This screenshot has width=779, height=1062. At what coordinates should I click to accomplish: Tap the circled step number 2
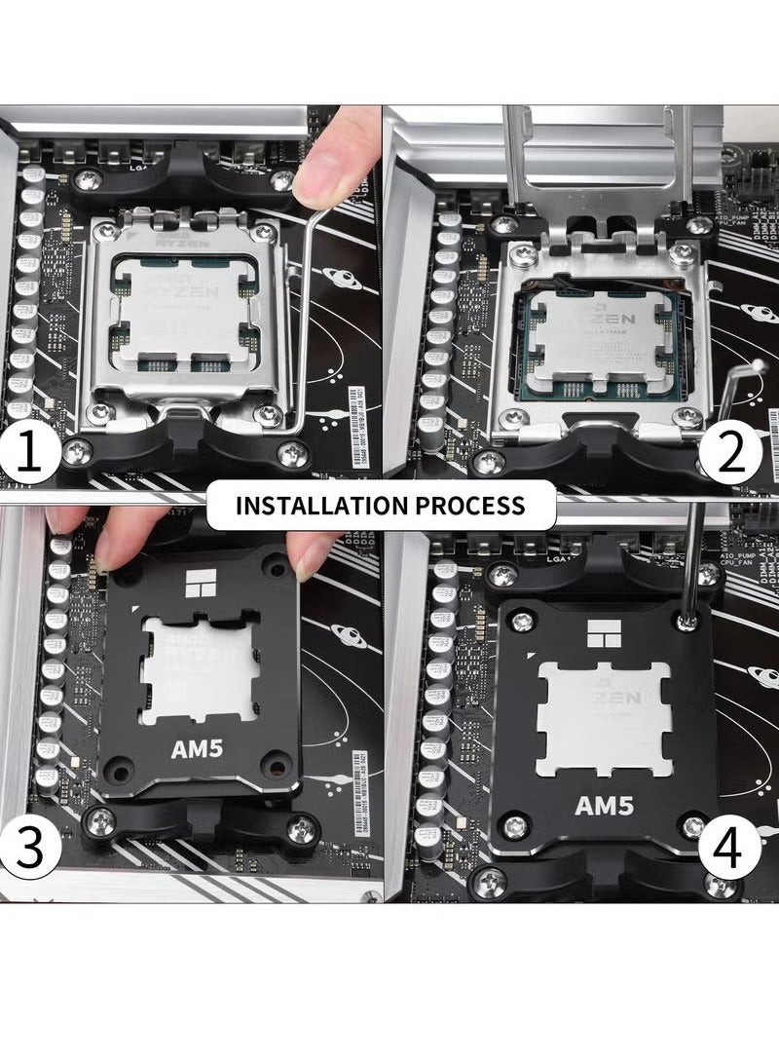730,451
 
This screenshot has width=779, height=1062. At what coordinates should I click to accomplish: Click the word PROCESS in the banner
479,506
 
